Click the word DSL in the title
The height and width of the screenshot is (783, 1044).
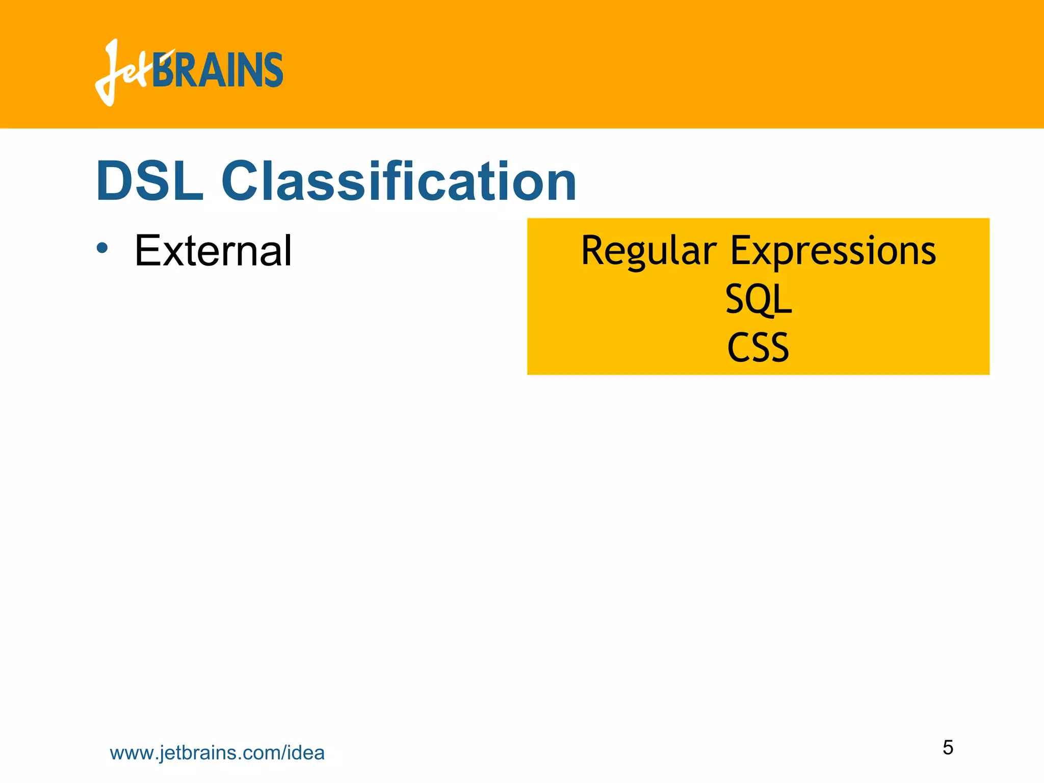(149, 181)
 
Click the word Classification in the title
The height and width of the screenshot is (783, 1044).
(399, 181)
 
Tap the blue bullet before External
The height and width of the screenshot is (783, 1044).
(102, 248)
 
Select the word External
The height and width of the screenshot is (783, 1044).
(213, 251)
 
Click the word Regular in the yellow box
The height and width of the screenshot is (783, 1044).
(648, 251)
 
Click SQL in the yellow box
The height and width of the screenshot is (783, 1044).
(758, 299)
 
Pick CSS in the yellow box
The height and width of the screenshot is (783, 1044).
(758, 347)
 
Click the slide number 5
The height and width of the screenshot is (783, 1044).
(948, 747)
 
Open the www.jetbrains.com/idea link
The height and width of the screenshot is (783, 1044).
(217, 753)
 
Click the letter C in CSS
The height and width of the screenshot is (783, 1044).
(737, 348)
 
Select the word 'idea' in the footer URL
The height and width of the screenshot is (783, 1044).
(306, 753)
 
